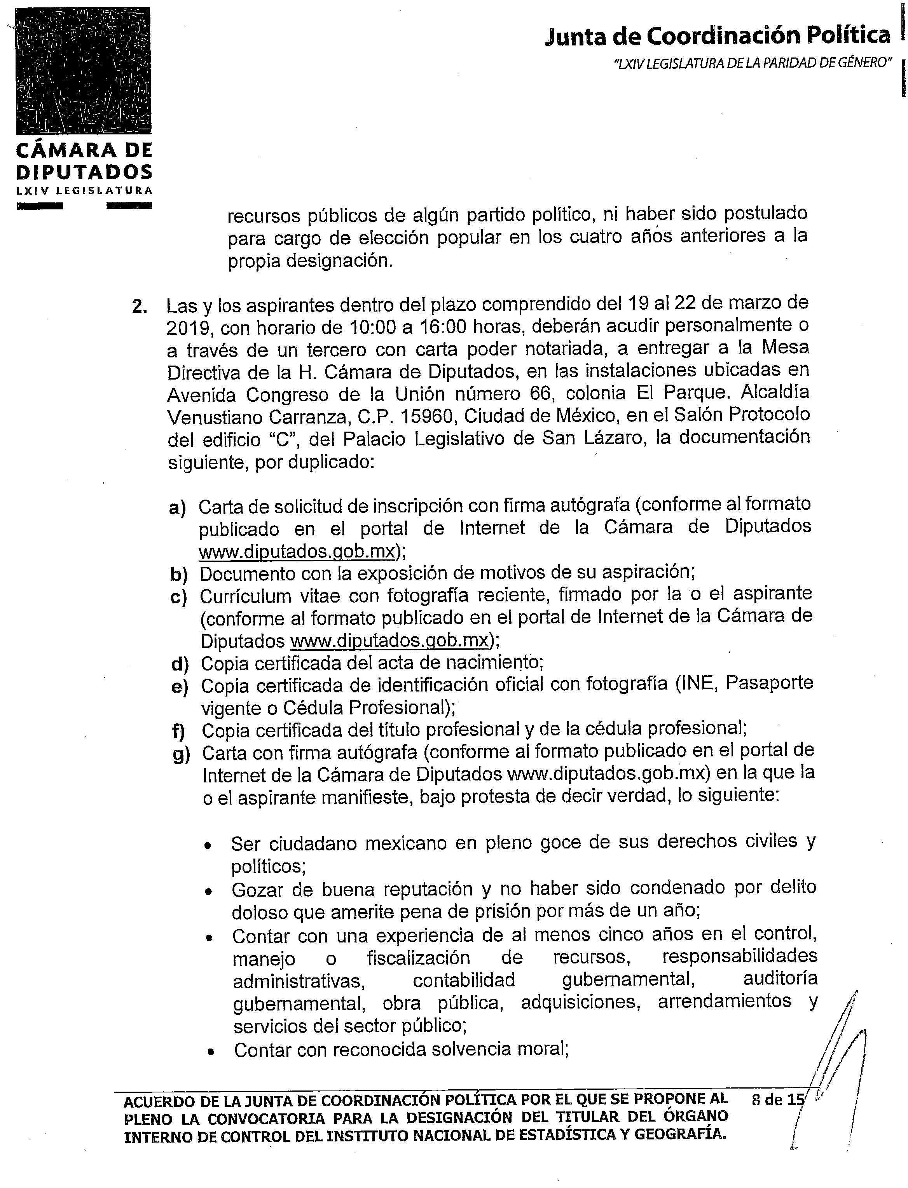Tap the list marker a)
[177, 507]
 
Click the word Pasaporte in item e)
[769, 683]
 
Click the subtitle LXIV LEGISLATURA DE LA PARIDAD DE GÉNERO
[753, 63]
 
